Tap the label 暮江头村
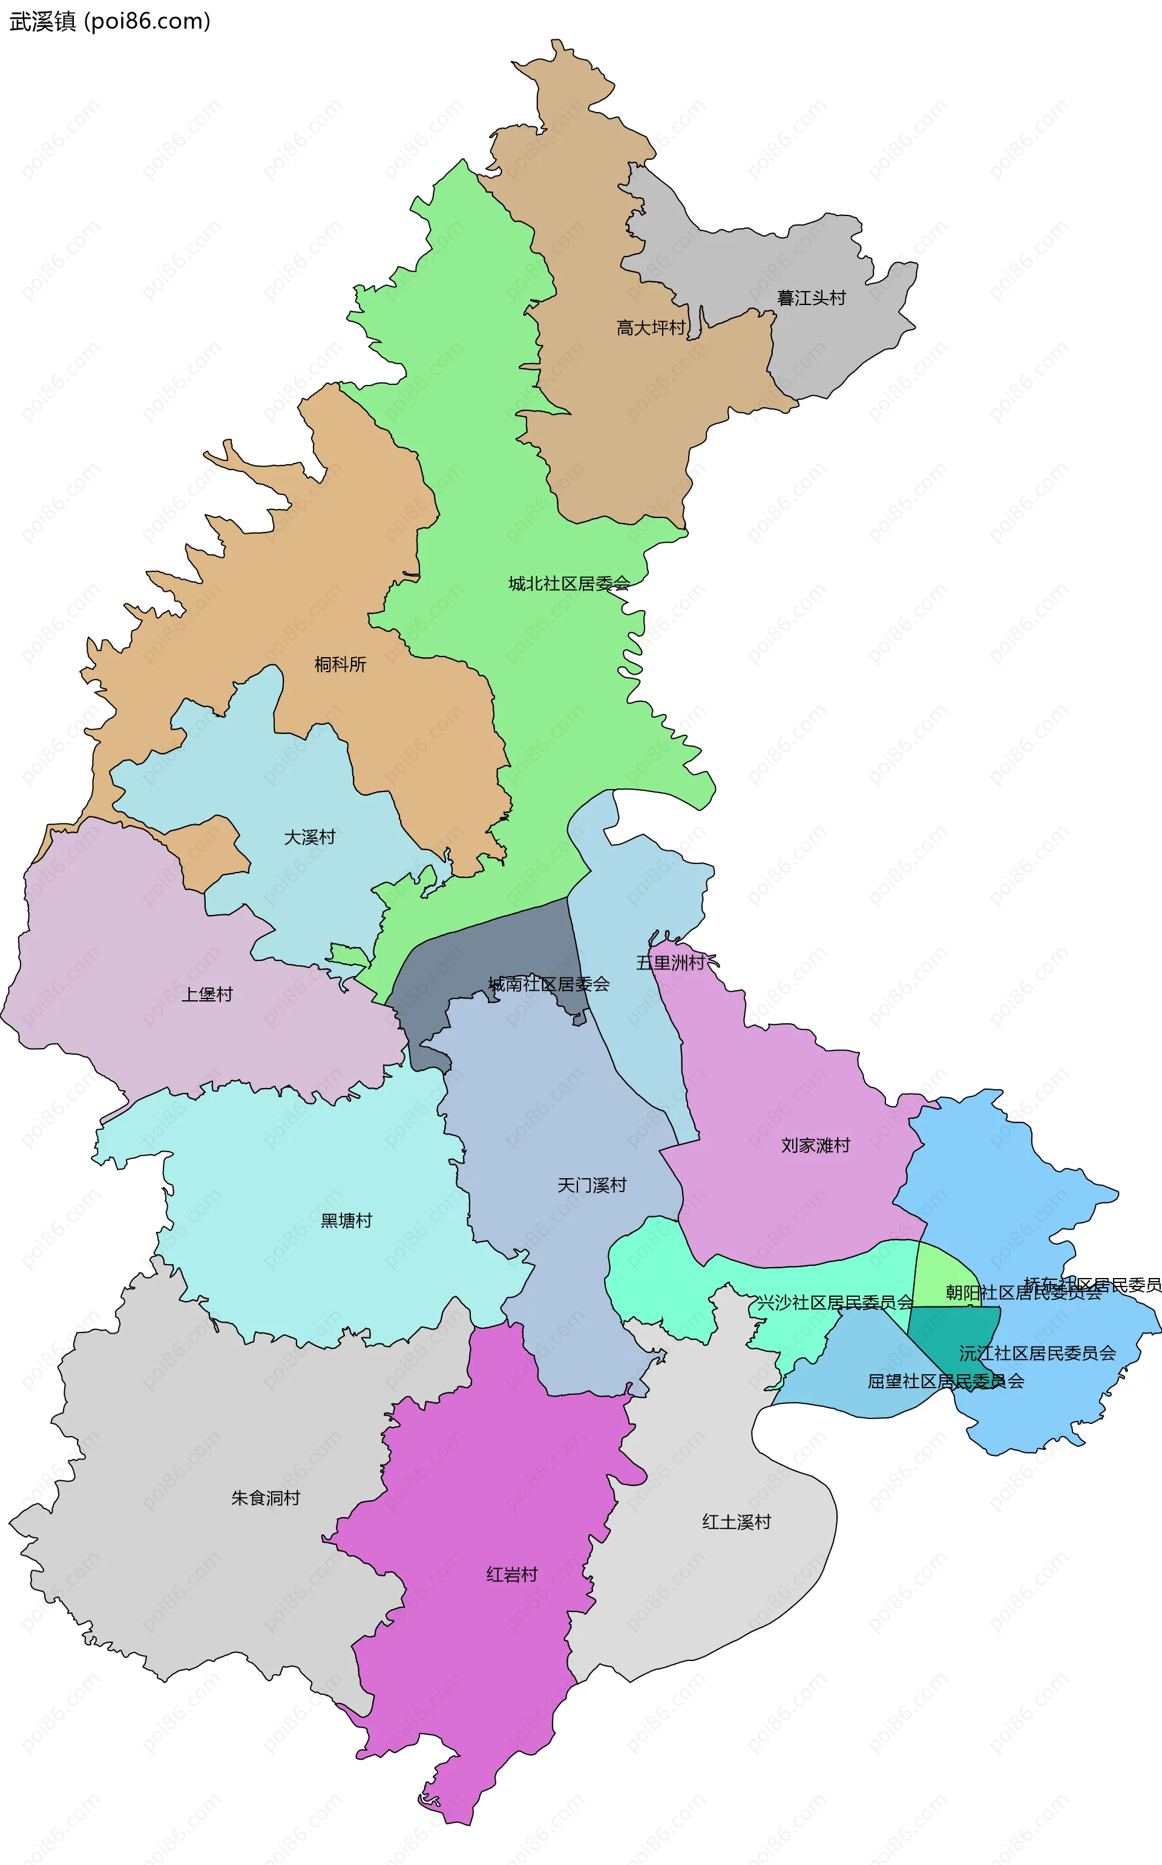[x=811, y=298]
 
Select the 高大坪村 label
[x=650, y=328]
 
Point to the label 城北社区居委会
[x=569, y=584]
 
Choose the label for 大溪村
[x=310, y=837]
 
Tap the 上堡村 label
[x=207, y=995]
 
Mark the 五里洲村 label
[x=669, y=963]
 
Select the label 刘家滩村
[x=815, y=1146]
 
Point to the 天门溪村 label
[x=592, y=1185]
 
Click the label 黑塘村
[x=346, y=1221]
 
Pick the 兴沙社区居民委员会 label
[x=835, y=1302]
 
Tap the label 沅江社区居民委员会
[x=1037, y=1353]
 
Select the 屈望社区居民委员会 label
[x=945, y=1382]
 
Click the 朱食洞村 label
[x=265, y=1498]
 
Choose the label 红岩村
[x=512, y=1575]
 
